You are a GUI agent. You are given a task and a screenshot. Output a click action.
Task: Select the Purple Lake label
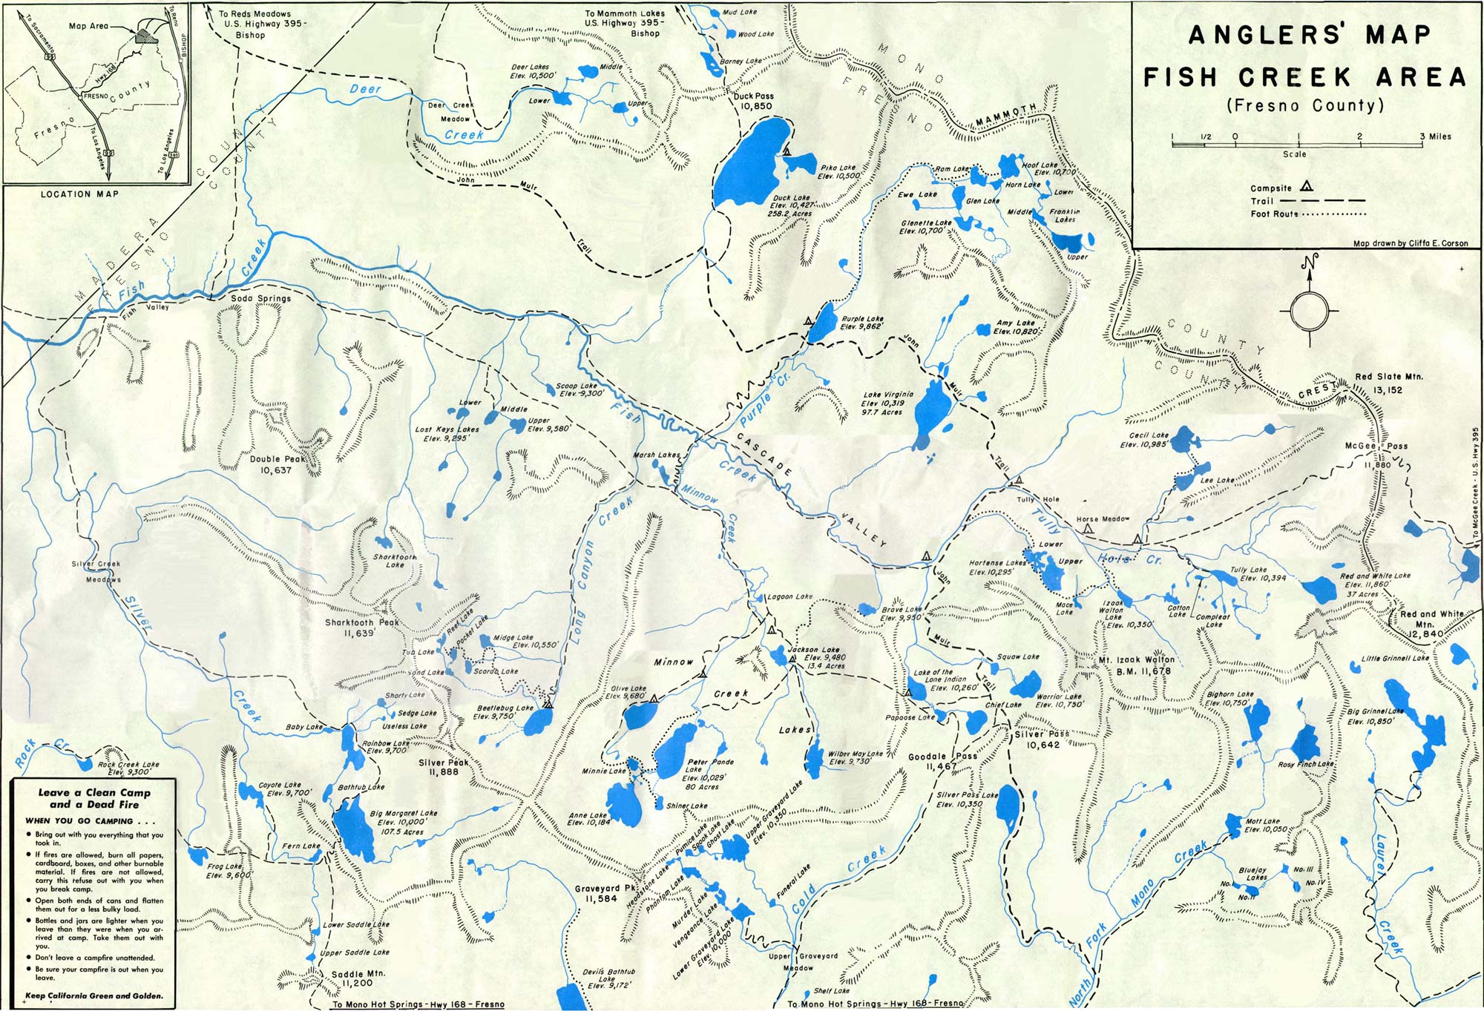click(862, 323)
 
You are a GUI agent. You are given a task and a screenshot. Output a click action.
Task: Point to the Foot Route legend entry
click(1274, 214)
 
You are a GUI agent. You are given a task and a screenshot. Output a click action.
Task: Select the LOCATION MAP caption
click(79, 194)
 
